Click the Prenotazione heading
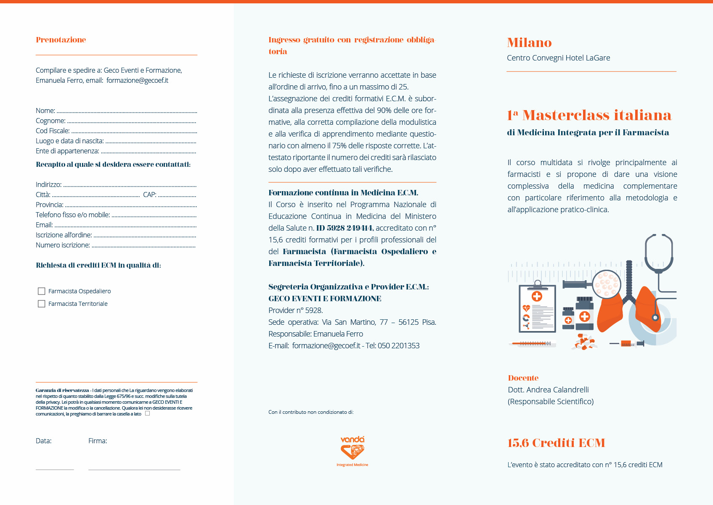pyautogui.click(x=61, y=40)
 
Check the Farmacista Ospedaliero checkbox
pyautogui.click(x=42, y=291)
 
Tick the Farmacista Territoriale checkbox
pyautogui.click(x=42, y=304)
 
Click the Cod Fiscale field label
pyautogui.click(x=53, y=131)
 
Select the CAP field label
pyautogui.click(x=149, y=195)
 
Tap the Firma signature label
pyautogui.click(x=98, y=441)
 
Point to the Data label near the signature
pyautogui.click(x=43, y=441)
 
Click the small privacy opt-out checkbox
pyautogui.click(x=147, y=413)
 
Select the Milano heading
pyautogui.click(x=529, y=43)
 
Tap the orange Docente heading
pyautogui.click(x=523, y=378)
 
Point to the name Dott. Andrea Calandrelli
pyautogui.click(x=548, y=390)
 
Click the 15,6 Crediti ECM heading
pyautogui.click(x=556, y=443)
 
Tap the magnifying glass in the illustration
pyautogui.click(x=606, y=284)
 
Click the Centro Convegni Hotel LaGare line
pyautogui.click(x=558, y=58)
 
